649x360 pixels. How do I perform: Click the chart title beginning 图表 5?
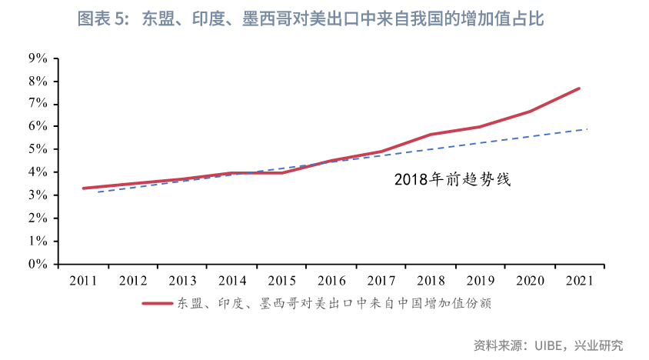coord(311,19)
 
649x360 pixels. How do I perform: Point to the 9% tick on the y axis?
coord(38,58)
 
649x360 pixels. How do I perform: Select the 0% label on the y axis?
coord(38,265)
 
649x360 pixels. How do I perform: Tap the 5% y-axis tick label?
coord(38,149)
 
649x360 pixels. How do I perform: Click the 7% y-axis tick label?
coord(38,104)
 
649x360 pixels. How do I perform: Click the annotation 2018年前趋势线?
coord(453,181)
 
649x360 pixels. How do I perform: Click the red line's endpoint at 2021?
coord(579,88)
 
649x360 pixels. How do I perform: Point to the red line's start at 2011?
coord(83,188)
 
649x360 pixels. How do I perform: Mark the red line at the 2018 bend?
coord(431,135)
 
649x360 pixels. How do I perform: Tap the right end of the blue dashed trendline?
coord(587,129)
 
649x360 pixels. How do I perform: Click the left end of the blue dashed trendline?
coord(98,192)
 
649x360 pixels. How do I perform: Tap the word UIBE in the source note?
coord(551,345)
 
